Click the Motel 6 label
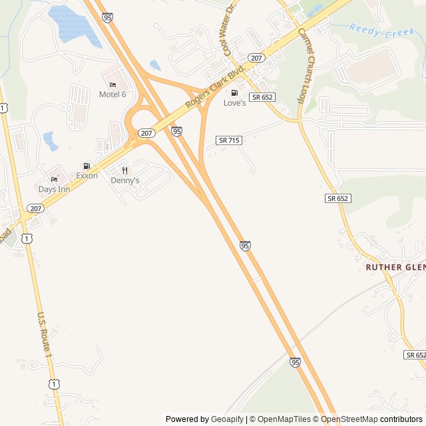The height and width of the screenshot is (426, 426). click(x=112, y=95)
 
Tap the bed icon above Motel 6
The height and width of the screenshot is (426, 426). click(x=112, y=85)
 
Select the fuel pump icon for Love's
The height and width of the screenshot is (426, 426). click(x=234, y=93)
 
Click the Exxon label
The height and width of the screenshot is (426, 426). click(x=87, y=176)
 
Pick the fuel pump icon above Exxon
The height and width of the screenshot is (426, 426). click(x=87, y=166)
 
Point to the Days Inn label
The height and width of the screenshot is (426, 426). click(x=54, y=189)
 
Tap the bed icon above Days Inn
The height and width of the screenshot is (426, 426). click(x=54, y=180)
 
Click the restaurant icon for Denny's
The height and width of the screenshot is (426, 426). click(x=124, y=170)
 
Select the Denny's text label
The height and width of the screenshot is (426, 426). click(x=125, y=180)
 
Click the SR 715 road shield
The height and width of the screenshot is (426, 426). click(x=229, y=140)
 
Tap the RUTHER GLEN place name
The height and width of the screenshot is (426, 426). click(x=395, y=267)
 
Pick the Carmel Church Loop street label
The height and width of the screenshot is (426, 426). click(x=310, y=65)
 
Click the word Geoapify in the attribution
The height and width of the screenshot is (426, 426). click(x=227, y=419)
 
